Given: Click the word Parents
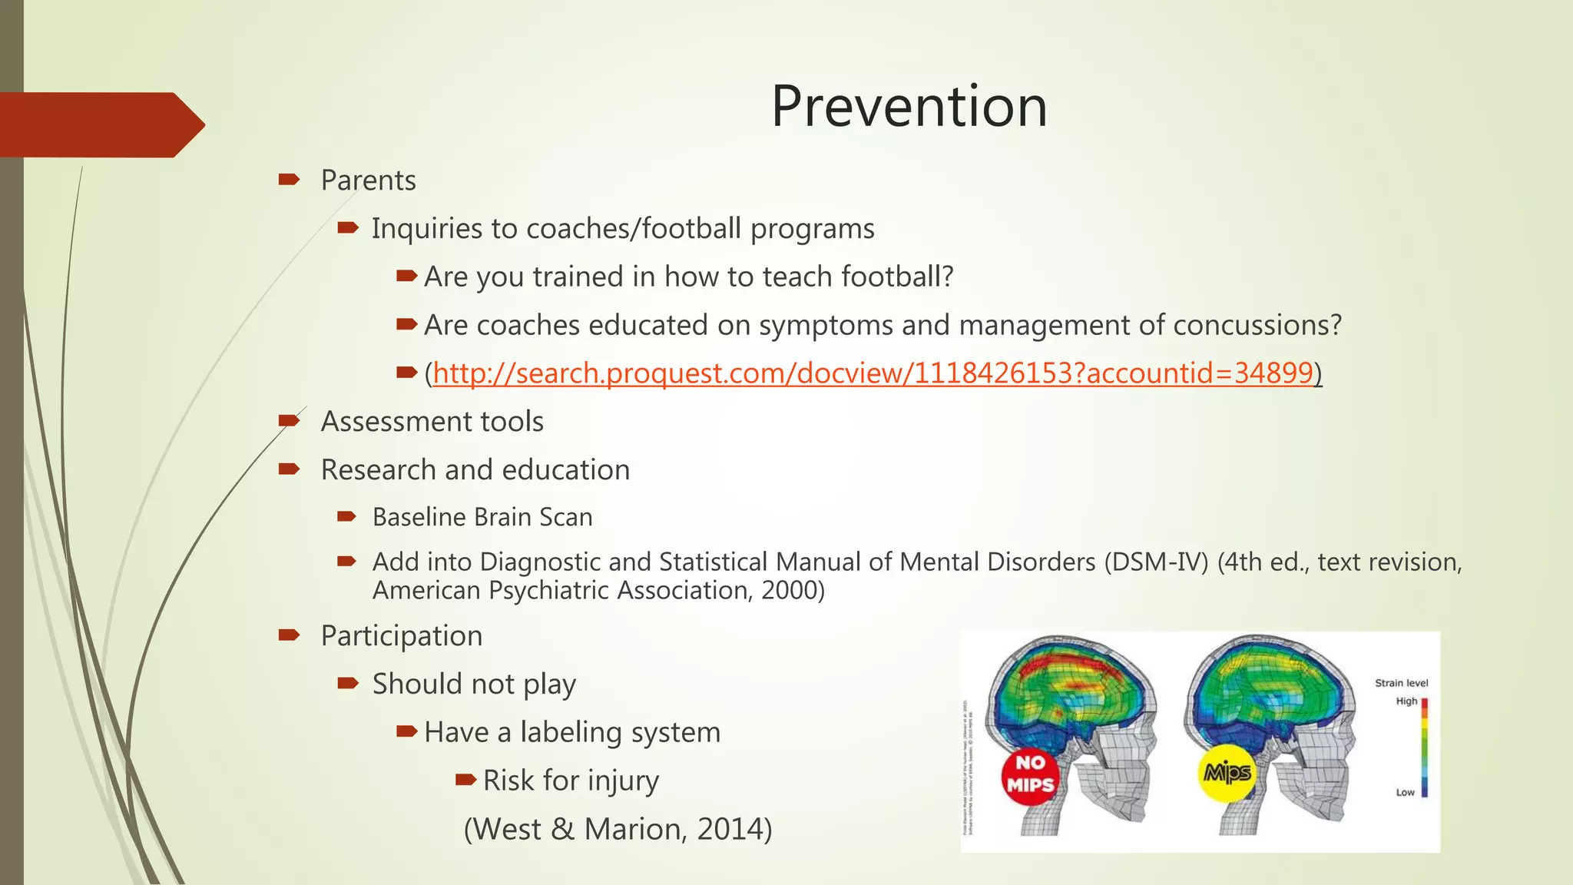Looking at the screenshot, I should pyautogui.click(x=368, y=181).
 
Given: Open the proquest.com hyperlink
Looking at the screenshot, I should pyautogui.click(x=873, y=373).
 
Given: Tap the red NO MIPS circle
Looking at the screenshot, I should pyautogui.click(x=1030, y=774).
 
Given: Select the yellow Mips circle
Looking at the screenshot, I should pyautogui.click(x=1227, y=773).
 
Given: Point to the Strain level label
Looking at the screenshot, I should pyautogui.click(x=1401, y=683).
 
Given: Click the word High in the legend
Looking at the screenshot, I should pyautogui.click(x=1406, y=701).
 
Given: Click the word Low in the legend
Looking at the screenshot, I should pyautogui.click(x=1404, y=793).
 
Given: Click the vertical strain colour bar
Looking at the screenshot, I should pyautogui.click(x=1424, y=747).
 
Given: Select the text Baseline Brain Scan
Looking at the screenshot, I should pyautogui.click(x=482, y=517).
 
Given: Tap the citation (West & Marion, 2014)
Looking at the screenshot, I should pyautogui.click(x=618, y=829).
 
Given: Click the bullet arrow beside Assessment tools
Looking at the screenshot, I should pyautogui.click(x=289, y=420).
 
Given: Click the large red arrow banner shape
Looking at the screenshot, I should pyautogui.click(x=100, y=124).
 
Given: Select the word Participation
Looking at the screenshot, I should pyautogui.click(x=401, y=636).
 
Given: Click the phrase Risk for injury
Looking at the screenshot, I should pyautogui.click(x=571, y=781).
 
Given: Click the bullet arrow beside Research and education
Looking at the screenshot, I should pyautogui.click(x=289, y=469).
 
